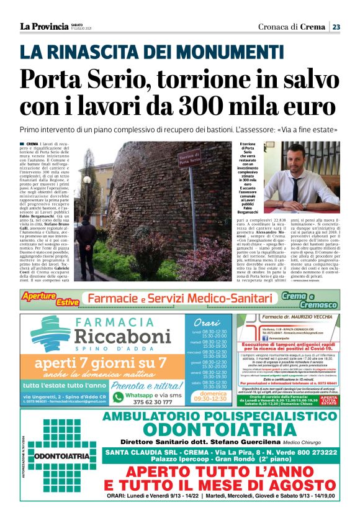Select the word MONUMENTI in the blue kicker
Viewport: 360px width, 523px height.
[x=228, y=52]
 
